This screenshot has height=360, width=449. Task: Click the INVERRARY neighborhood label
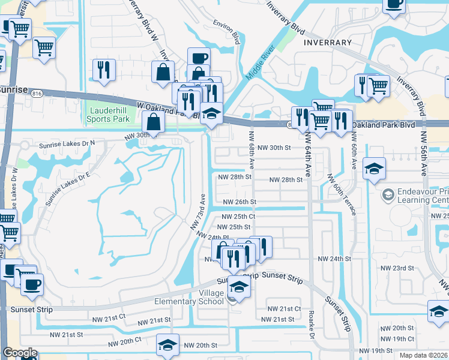pyautogui.click(x=327, y=43)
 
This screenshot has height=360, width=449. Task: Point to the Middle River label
pyautogui.click(x=259, y=63)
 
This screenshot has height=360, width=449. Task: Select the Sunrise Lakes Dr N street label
pyautogui.click(x=67, y=145)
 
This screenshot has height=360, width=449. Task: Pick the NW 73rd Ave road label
pyautogui.click(x=199, y=211)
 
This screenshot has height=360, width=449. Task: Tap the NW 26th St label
pyautogui.click(x=240, y=202)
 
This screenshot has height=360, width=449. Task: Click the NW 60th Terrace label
pyautogui.click(x=342, y=194)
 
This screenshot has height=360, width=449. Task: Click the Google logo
pyautogui.click(x=20, y=353)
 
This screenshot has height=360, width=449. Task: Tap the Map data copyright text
pyautogui.click(x=423, y=355)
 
